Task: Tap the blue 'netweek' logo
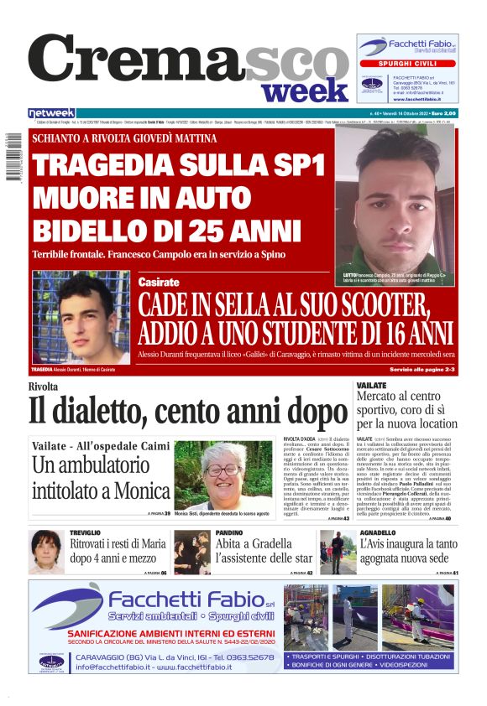coord(52,113)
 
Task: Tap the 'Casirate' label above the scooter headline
coord(159,283)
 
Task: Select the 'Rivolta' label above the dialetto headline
coord(43,387)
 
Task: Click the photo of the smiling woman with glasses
coord(223,475)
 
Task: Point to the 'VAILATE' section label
coord(371,385)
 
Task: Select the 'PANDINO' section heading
coord(229,532)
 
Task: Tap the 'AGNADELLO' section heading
coord(379,532)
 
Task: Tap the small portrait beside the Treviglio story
coord(45,552)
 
